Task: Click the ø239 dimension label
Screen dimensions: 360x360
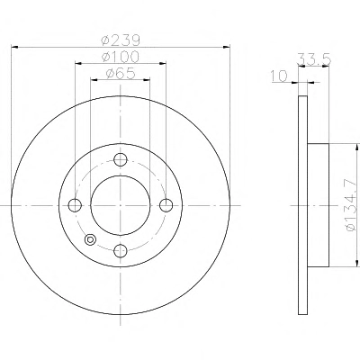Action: pyautogui.click(x=121, y=40)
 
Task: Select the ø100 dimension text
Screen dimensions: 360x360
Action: pyautogui.click(x=121, y=57)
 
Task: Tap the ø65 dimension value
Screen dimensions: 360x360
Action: pyautogui.click(x=121, y=73)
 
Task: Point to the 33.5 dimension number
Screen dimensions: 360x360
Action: pyautogui.click(x=314, y=58)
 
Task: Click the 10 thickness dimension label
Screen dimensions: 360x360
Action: pyautogui.click(x=279, y=76)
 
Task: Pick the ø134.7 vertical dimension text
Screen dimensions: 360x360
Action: pyautogui.click(x=351, y=205)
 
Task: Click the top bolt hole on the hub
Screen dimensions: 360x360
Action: pyautogui.click(x=121, y=159)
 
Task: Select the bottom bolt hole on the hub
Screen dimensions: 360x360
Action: pyautogui.click(x=121, y=250)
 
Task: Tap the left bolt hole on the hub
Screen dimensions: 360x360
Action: pyautogui.click(x=75, y=205)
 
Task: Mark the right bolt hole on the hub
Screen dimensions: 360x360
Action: pyautogui.click(x=166, y=205)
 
